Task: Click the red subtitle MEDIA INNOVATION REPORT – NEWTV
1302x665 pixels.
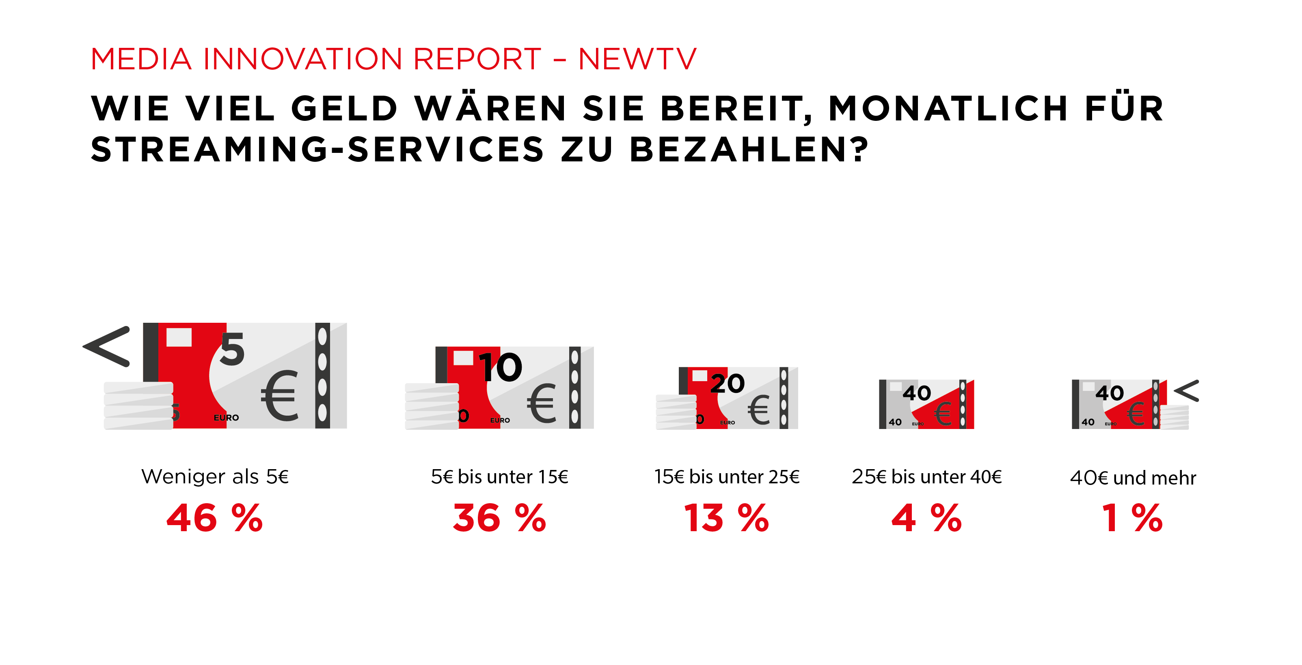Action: (x=393, y=59)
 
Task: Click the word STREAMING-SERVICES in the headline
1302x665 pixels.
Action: (x=317, y=150)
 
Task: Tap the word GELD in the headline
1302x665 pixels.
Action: (x=345, y=109)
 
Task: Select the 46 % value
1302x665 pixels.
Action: (x=215, y=518)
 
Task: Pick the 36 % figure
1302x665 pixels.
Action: (x=499, y=518)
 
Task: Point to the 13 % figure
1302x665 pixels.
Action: (x=726, y=518)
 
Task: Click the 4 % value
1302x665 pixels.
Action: (x=926, y=518)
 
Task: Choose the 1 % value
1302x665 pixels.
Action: (x=1132, y=518)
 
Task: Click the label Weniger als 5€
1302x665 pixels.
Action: (x=215, y=477)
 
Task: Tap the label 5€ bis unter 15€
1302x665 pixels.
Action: (x=499, y=477)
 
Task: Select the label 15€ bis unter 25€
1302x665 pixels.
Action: (x=727, y=477)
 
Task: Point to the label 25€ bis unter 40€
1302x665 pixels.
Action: (x=926, y=477)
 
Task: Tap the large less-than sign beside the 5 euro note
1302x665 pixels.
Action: (x=107, y=346)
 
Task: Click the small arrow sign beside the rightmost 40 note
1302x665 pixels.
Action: (x=1186, y=391)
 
